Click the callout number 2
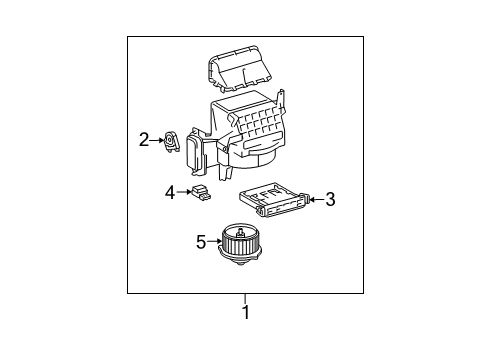pyautogui.click(x=144, y=140)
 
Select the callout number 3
pyautogui.click(x=330, y=199)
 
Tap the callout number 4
pyautogui.click(x=169, y=190)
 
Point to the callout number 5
pyautogui.click(x=200, y=240)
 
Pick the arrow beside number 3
pyautogui.click(x=315, y=199)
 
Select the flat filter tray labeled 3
pyautogui.click(x=275, y=200)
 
